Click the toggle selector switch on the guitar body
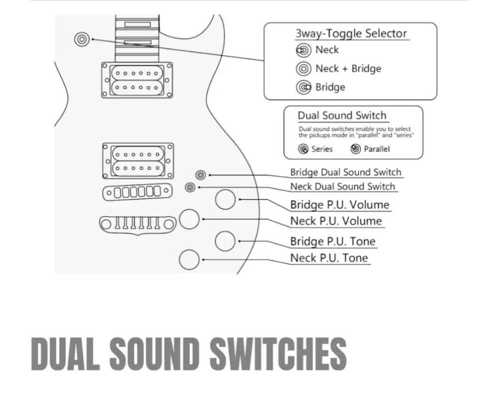tap(81, 38)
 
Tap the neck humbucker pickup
tap(137, 80)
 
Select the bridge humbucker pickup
tap(138, 161)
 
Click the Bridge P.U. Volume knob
tap(226, 199)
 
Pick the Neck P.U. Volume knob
tap(190, 219)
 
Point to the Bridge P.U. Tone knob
tap(226, 241)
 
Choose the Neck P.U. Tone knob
tap(190, 259)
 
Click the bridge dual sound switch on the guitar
tap(200, 175)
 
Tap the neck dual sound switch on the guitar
tap(190, 187)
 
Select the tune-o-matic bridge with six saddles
tap(138, 192)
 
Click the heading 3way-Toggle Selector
tap(351, 34)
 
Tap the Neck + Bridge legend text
tap(348, 68)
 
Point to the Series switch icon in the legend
tap(303, 149)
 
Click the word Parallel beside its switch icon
tap(377, 149)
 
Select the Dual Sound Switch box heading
tap(342, 116)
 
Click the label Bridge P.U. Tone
tap(333, 241)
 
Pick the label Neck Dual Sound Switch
tap(342, 187)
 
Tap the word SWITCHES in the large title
tap(277, 354)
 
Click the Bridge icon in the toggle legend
tap(303, 87)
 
